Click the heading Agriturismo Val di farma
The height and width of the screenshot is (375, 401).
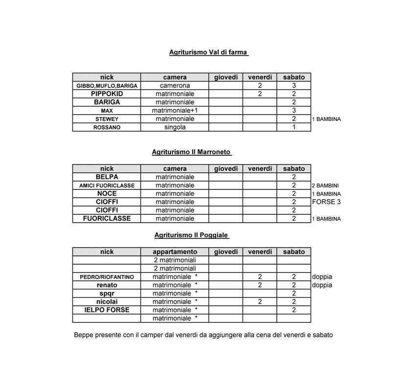209,52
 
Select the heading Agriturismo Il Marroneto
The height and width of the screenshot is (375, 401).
192,152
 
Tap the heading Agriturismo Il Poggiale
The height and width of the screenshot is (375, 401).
192,235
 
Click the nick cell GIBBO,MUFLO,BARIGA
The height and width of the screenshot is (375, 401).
107,85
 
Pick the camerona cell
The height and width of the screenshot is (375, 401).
175,85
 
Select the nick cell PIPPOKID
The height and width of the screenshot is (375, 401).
107,94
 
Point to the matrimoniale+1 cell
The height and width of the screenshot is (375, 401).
175,110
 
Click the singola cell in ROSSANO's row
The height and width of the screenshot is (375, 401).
175,127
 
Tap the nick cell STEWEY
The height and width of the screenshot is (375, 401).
107,119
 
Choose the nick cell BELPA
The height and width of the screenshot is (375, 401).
107,177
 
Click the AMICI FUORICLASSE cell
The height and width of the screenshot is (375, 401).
107,186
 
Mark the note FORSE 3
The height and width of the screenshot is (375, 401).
326,202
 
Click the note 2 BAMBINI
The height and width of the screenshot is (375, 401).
326,186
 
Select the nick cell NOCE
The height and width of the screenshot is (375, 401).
107,193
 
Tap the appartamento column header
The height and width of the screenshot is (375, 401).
175,252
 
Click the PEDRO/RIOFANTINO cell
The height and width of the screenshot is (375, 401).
107,277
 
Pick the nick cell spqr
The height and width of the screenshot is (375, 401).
107,293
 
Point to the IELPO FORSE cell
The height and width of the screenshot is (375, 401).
107,310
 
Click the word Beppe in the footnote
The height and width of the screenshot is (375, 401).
84,335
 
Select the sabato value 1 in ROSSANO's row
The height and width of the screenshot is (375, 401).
293,127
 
